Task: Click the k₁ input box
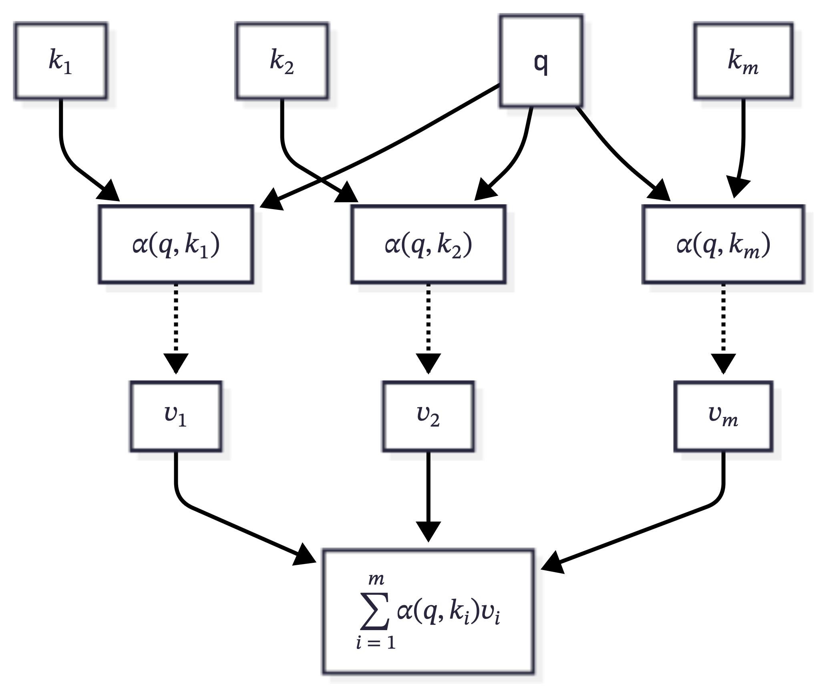[x=60, y=61]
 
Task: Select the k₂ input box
[x=282, y=61]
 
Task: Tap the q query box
[x=541, y=61]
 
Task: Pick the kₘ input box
[x=743, y=61]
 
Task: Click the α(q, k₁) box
[x=176, y=244]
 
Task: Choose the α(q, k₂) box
[x=428, y=244]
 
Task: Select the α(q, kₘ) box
[x=723, y=244]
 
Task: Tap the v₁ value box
[x=175, y=416]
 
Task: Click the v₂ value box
[x=428, y=416]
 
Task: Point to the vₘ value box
[x=723, y=416]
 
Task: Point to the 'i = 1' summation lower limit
[x=376, y=643]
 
